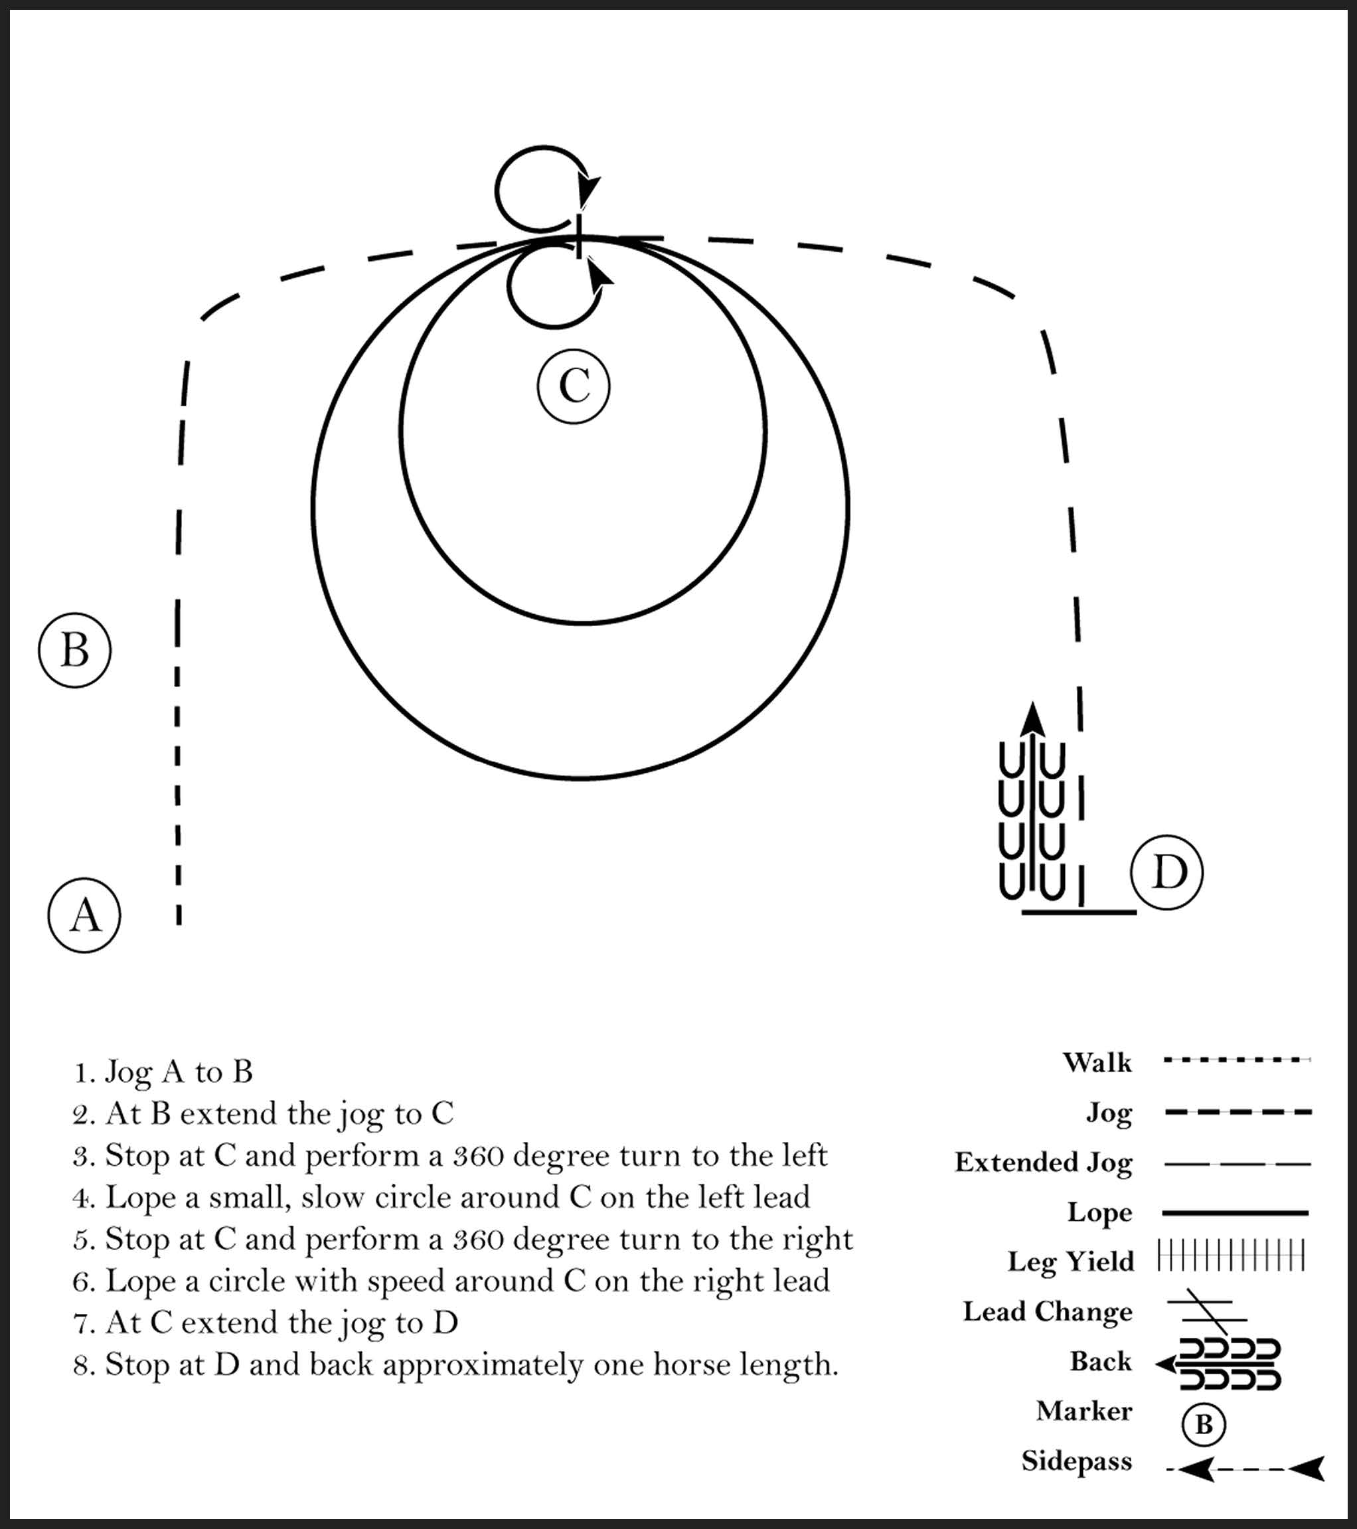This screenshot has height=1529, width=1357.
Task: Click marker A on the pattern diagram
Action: coord(84,915)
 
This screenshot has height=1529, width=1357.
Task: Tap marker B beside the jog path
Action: coord(75,650)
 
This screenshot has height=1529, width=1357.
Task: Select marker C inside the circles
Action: coord(574,387)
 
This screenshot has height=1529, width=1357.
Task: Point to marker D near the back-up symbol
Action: coord(1167,872)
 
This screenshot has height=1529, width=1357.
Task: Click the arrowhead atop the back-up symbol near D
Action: coord(1033,719)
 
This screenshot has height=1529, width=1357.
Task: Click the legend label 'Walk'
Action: coord(1097,1062)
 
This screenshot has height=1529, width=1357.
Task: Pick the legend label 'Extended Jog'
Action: coord(1043,1163)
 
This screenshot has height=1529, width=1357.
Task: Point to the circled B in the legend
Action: coord(1203,1424)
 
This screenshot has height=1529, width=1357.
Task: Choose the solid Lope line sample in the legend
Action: coord(1235,1212)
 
